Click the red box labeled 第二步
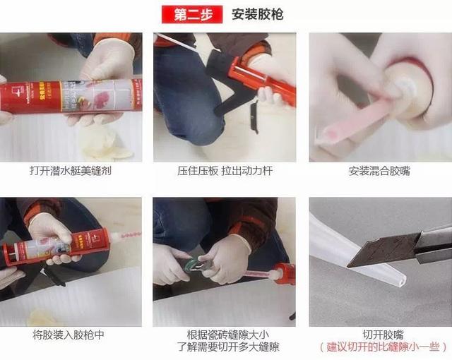click(x=192, y=14)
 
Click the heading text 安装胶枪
click(x=257, y=14)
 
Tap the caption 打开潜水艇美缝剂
click(x=71, y=171)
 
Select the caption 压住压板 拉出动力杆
click(x=225, y=171)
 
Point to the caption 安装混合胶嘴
click(x=379, y=171)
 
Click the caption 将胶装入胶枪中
click(x=69, y=335)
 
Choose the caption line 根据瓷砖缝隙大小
click(x=227, y=335)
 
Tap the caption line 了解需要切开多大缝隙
click(x=227, y=347)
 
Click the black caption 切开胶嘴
click(x=383, y=335)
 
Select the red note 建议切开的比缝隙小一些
click(x=383, y=347)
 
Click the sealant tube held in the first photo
click(x=71, y=96)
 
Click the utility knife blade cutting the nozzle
click(x=383, y=249)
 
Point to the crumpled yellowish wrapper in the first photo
click(x=107, y=145)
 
